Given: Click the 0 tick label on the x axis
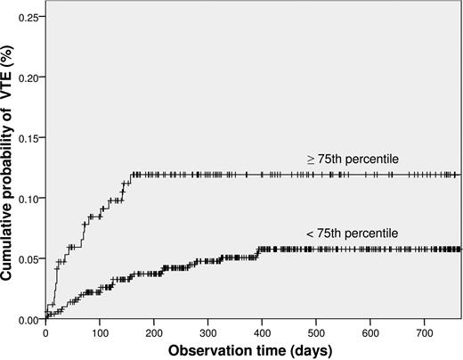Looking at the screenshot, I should (46, 332).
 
